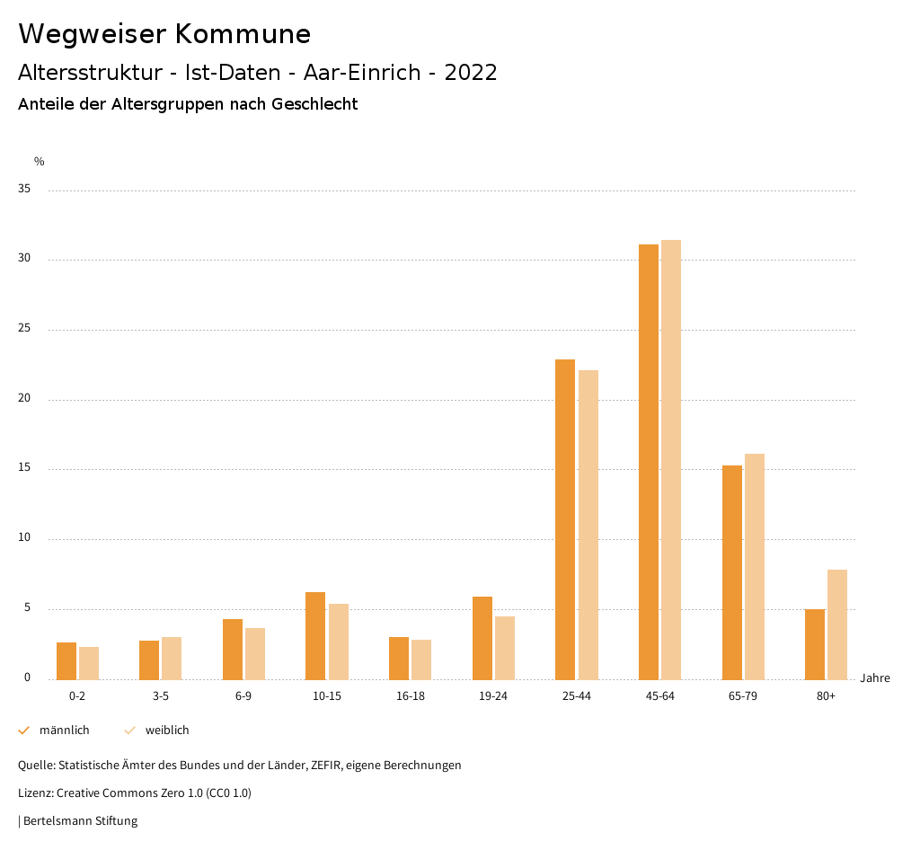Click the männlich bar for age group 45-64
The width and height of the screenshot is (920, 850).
tap(649, 462)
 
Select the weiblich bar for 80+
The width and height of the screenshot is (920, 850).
tap(837, 624)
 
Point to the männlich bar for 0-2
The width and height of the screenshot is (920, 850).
tap(66, 660)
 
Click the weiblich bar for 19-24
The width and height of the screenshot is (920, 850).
tap(505, 648)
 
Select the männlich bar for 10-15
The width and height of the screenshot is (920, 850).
tap(315, 635)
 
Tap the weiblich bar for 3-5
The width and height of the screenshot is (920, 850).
tap(172, 658)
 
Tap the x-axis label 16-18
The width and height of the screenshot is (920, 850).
tap(411, 696)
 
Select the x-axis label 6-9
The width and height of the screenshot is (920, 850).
tap(243, 696)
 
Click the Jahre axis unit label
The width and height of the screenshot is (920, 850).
tap(875, 677)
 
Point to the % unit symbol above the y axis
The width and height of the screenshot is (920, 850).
tap(40, 162)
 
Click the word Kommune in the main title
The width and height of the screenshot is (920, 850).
tap(243, 34)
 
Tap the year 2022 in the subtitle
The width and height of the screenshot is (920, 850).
tap(471, 73)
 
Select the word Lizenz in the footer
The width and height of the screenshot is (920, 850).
tap(35, 793)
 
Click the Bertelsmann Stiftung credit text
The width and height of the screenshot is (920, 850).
tap(80, 820)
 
